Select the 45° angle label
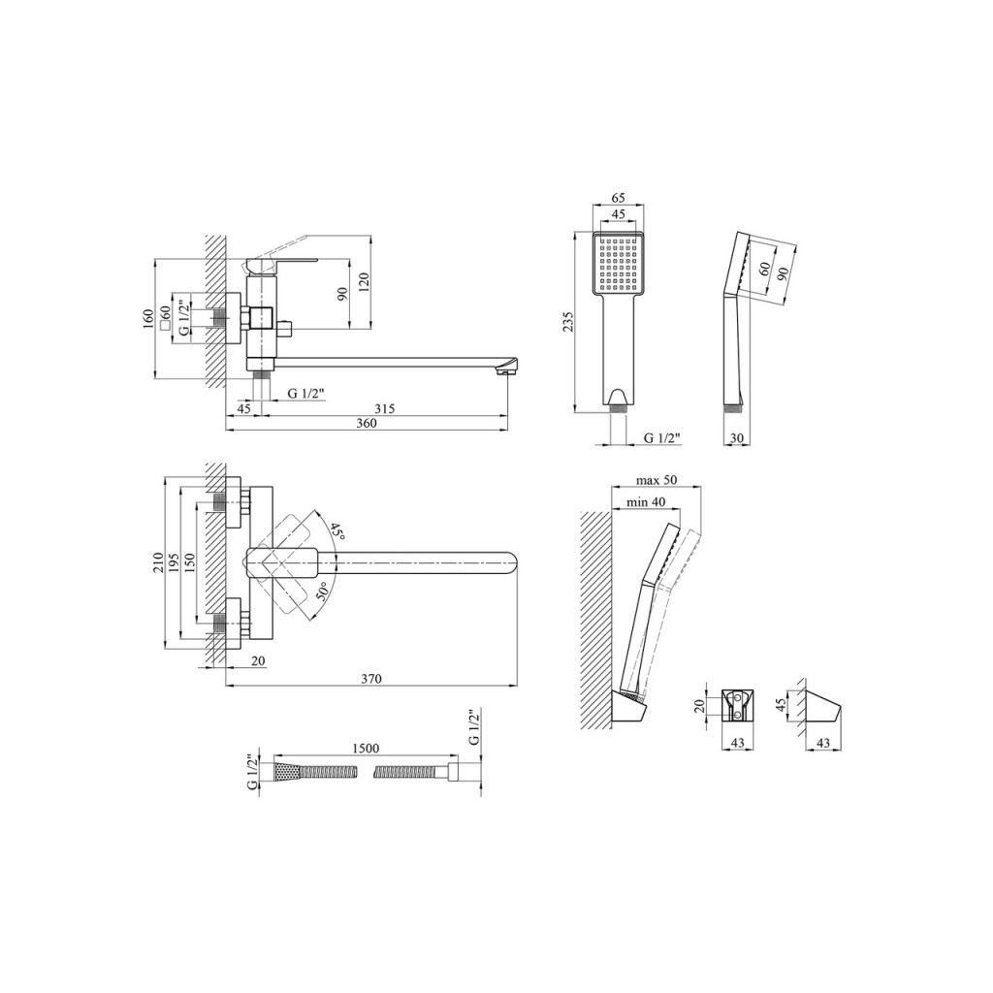(336, 530)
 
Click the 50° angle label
(322, 591)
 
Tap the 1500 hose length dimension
(366, 750)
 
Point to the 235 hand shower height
(568, 320)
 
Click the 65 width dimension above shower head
(617, 198)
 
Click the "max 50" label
(657, 480)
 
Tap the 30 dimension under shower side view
(737, 438)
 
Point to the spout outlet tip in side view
(504, 369)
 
